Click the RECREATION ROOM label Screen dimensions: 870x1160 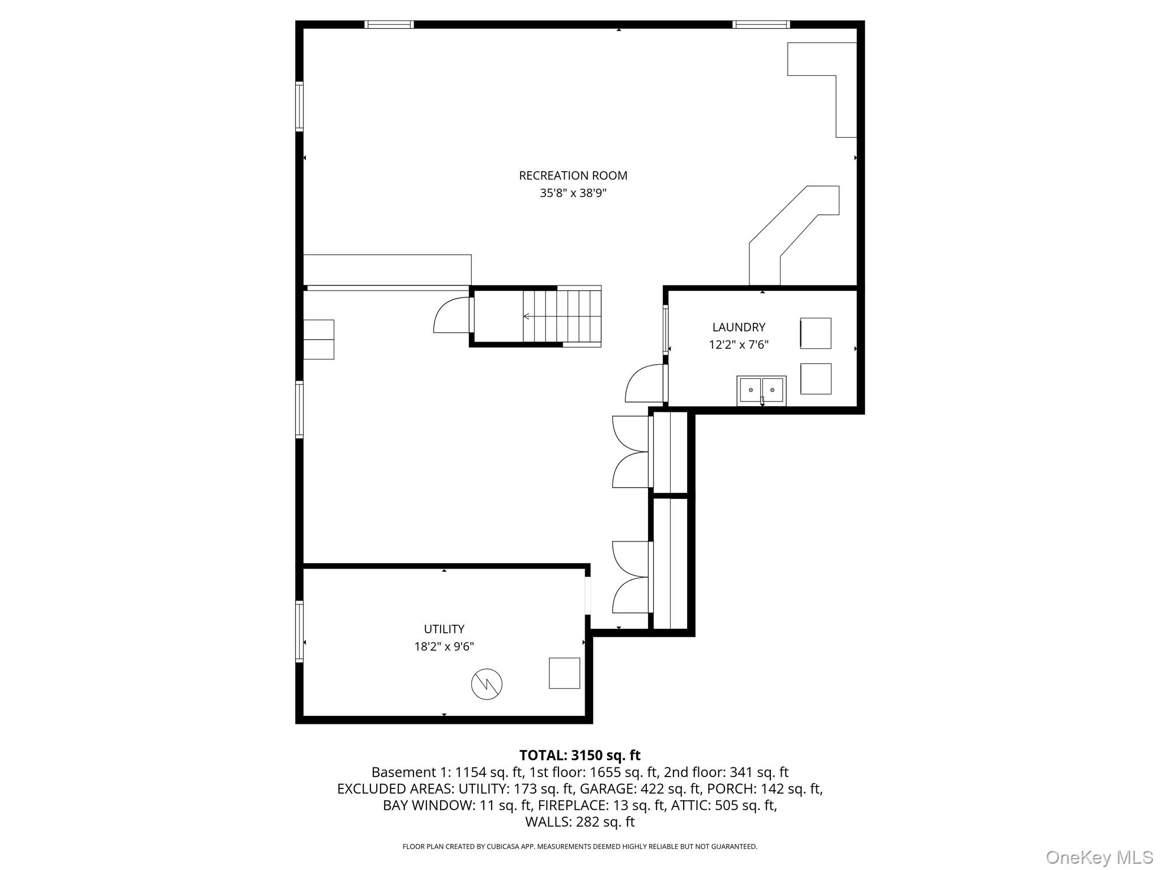[x=573, y=176]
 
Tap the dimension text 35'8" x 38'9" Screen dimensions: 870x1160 [x=573, y=193]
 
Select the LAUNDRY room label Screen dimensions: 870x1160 [x=739, y=327]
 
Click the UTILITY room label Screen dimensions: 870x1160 [x=444, y=629]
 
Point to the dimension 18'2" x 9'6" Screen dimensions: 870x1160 [x=444, y=646]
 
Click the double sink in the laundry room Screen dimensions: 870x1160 [x=761, y=390]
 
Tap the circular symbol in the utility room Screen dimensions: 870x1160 [x=487, y=684]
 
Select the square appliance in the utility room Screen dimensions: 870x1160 [x=564, y=673]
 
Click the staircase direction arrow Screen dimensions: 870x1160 [x=527, y=316]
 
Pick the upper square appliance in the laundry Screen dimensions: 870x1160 [x=816, y=333]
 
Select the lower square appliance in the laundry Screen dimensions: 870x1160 [x=816, y=379]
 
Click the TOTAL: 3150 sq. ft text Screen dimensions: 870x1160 [x=579, y=755]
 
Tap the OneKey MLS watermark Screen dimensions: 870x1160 [x=1099, y=857]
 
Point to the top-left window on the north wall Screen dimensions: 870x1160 [x=389, y=24]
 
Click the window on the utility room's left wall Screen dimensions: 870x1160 [x=299, y=631]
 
